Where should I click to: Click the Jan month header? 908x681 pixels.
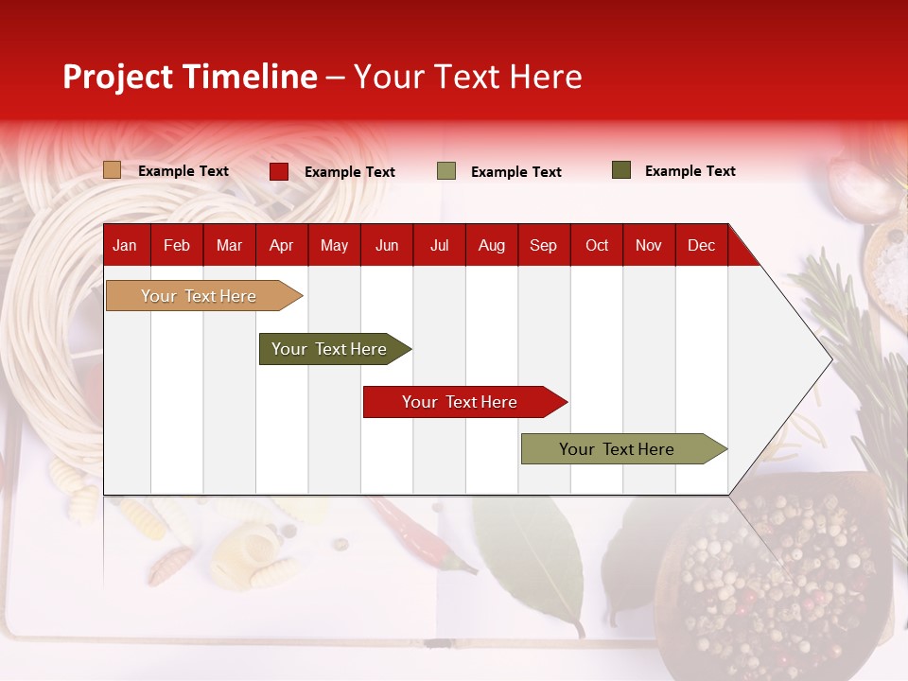point(125,245)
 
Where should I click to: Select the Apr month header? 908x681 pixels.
point(281,245)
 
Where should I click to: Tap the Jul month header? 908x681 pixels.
point(439,245)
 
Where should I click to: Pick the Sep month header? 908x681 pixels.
point(543,245)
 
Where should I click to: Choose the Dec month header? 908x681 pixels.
point(701,245)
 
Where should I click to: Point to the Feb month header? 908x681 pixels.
point(177,245)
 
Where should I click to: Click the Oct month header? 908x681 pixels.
point(597,245)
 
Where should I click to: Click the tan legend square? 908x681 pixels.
point(112,170)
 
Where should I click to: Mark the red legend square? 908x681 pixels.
point(279,171)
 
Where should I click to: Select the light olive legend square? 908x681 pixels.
point(446,171)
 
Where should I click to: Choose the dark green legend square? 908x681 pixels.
point(621,170)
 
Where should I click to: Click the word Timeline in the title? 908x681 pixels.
point(249,77)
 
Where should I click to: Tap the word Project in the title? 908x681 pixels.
point(117,77)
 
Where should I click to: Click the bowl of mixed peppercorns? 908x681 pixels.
point(776,577)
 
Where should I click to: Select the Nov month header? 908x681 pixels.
point(649,245)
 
